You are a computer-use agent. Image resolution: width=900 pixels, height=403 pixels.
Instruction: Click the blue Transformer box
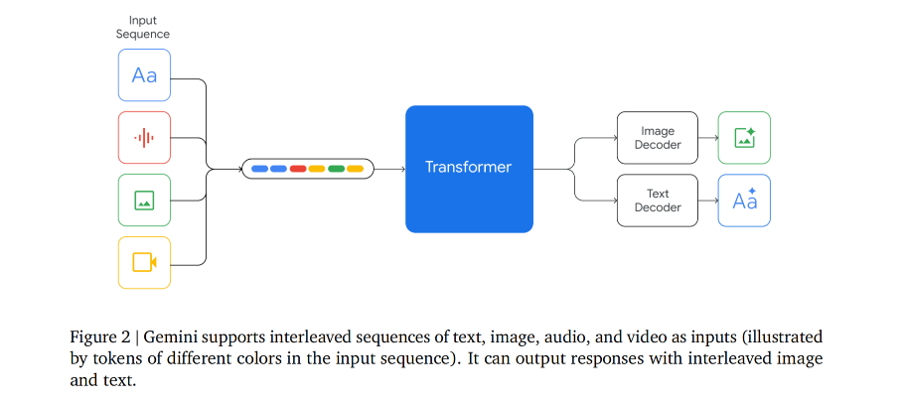coord(469,168)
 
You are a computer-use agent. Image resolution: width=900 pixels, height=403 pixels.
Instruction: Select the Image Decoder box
coord(657,137)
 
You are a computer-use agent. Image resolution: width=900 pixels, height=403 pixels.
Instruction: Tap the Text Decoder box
coord(657,201)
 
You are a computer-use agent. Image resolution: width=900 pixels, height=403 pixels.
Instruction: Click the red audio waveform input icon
coord(144,137)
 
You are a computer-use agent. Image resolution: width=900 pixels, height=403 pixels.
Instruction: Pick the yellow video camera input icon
coord(144,262)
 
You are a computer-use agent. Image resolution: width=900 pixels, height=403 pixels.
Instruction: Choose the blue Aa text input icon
coord(144,75)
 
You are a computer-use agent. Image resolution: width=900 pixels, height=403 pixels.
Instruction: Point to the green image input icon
coord(144,200)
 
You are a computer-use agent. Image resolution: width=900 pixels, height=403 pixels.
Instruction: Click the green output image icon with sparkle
coord(744,137)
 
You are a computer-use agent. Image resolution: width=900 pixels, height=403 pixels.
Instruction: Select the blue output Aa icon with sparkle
coord(744,201)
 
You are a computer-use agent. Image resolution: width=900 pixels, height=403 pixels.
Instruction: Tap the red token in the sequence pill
coord(297,169)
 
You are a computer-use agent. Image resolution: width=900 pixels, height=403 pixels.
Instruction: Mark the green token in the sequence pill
coord(336,169)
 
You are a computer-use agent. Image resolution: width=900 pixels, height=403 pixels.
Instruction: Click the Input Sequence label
coord(144,27)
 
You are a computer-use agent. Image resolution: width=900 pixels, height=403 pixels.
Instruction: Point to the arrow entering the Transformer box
coord(390,169)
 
